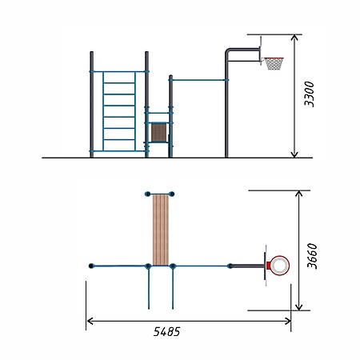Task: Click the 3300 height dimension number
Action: click(310, 94)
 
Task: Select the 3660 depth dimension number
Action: click(312, 256)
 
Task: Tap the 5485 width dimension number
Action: click(166, 331)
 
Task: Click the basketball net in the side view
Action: click(274, 64)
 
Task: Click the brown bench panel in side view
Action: click(159, 132)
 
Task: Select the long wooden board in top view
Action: click(161, 230)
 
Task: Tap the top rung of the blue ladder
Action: click(119, 83)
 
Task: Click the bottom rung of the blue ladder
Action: click(119, 140)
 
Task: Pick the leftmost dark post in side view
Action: click(91, 104)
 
